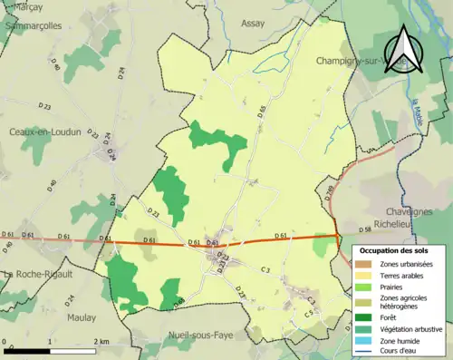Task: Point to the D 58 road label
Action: [x=365, y=230]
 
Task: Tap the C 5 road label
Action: [x=308, y=313]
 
